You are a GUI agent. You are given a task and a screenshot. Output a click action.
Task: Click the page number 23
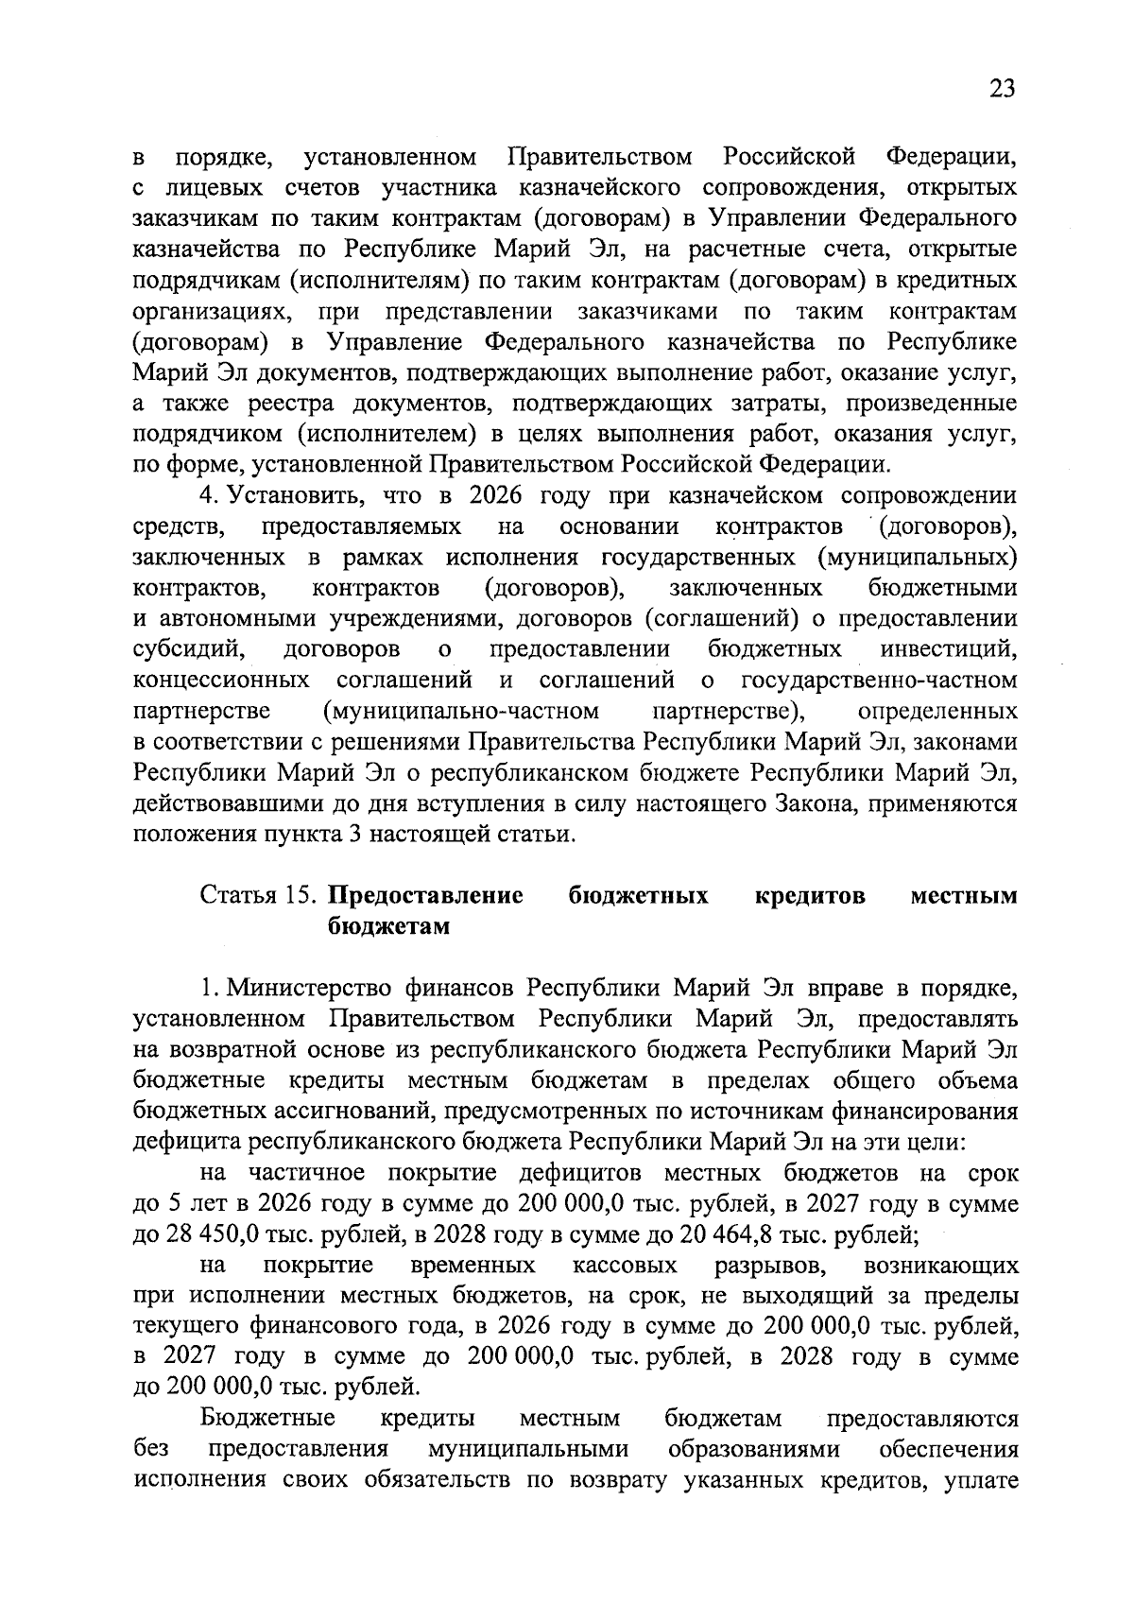click(x=1002, y=89)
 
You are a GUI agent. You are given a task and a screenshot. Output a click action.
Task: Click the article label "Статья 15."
click(x=258, y=895)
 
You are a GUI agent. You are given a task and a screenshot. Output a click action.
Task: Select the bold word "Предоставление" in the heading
click(x=425, y=895)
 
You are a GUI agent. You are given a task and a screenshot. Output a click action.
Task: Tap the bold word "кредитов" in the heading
click(x=811, y=895)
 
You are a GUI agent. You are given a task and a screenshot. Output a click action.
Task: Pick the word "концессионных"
click(x=221, y=680)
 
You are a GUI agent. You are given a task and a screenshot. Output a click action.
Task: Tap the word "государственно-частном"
click(x=879, y=680)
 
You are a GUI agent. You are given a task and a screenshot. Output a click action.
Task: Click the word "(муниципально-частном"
click(x=460, y=711)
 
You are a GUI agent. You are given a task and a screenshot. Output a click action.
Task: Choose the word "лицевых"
click(x=198, y=187)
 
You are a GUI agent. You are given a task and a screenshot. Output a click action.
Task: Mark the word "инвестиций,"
click(x=949, y=649)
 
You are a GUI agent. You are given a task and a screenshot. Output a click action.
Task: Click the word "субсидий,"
click(x=190, y=649)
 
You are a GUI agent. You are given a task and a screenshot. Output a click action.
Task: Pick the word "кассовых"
click(x=625, y=1266)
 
